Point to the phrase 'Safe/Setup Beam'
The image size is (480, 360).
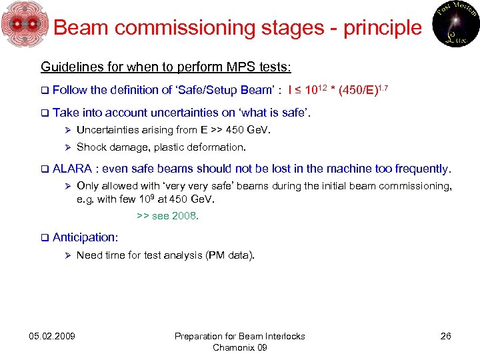point(221,90)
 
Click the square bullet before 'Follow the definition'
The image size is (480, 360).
point(44,90)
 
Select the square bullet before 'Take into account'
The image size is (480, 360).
point(44,113)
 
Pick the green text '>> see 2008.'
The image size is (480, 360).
point(167,216)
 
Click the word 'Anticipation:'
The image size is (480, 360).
point(85,237)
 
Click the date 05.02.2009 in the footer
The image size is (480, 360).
point(52,336)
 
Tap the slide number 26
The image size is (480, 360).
point(445,336)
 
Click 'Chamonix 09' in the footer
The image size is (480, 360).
point(239,347)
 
